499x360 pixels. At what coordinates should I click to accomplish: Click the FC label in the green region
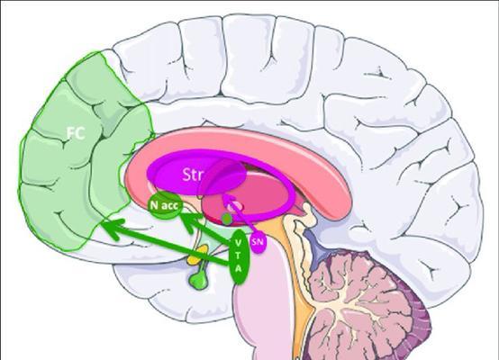(76, 133)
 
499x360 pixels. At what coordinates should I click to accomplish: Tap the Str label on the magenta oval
(193, 174)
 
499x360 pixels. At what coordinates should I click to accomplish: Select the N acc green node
(165, 205)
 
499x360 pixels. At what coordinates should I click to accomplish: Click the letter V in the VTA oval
(238, 243)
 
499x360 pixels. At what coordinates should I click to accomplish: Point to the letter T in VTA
(238, 255)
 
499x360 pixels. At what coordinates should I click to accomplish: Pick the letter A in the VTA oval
(238, 268)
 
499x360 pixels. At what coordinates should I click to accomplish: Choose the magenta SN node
(258, 242)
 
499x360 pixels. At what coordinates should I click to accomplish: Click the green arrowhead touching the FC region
(112, 229)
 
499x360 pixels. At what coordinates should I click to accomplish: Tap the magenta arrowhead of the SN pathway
(229, 201)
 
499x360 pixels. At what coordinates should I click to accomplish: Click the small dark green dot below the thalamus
(227, 219)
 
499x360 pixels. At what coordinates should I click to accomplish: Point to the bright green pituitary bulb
(198, 279)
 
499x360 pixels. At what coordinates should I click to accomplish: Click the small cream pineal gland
(308, 211)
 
